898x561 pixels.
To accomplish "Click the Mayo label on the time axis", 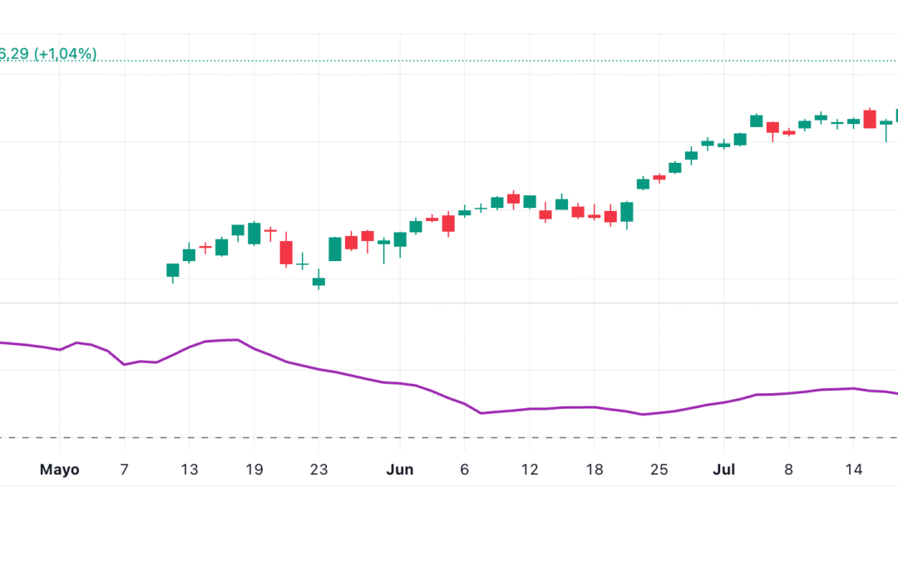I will click(x=60, y=470).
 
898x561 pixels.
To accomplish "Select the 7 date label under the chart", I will click(x=124, y=470).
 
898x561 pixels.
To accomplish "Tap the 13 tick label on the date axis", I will click(x=189, y=470).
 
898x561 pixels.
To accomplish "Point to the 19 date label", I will click(x=254, y=470).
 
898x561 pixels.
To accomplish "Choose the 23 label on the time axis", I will click(x=318, y=470).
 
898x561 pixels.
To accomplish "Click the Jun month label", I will click(x=400, y=470).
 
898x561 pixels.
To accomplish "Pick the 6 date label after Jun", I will click(x=464, y=470).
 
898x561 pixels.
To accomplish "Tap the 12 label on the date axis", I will click(x=529, y=470).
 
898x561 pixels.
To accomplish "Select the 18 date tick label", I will click(x=594, y=470).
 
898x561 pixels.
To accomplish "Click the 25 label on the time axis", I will click(x=659, y=470).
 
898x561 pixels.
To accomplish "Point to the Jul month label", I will click(x=723, y=470).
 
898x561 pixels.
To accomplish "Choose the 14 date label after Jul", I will click(x=853, y=470).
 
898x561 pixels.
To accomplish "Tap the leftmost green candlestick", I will click(x=173, y=270).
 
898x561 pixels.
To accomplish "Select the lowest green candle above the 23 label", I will click(x=318, y=282).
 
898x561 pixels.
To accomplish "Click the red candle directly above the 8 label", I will click(x=788, y=132).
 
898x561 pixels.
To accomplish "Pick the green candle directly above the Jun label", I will click(x=400, y=239).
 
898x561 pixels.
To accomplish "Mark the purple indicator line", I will click(x=416, y=386).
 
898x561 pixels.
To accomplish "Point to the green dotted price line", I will click(x=499, y=61).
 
